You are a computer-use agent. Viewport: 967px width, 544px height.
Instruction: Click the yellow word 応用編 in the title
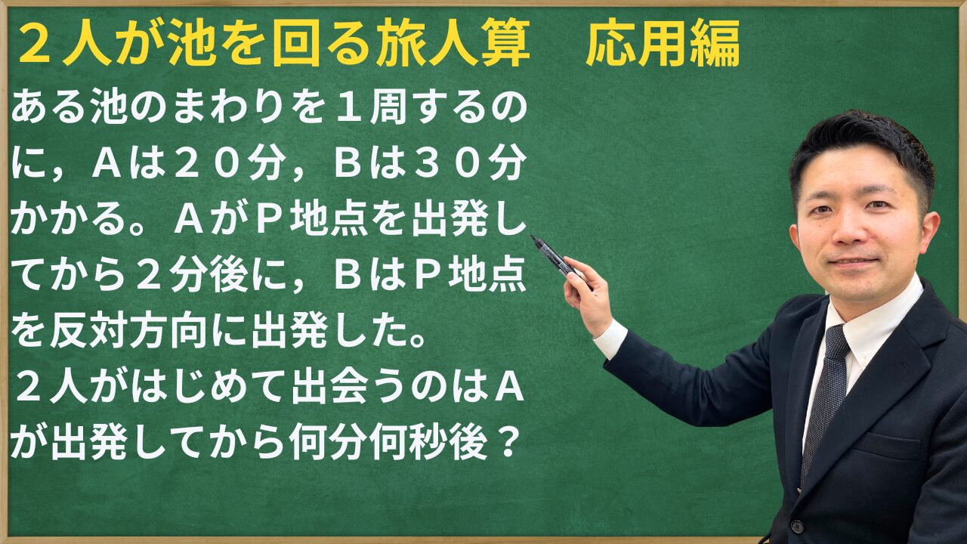(x=663, y=44)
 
